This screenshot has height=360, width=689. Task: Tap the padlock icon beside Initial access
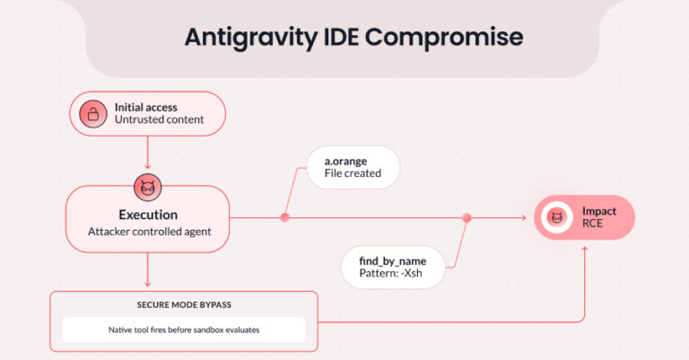click(x=91, y=114)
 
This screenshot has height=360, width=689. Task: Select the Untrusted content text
click(x=159, y=119)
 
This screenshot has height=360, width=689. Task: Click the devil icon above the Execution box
click(x=146, y=188)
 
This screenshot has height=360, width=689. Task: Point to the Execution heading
click(x=148, y=215)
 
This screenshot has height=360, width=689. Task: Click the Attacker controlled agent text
click(x=148, y=232)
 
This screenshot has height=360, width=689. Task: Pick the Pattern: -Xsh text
click(x=393, y=273)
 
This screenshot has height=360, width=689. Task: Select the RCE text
click(x=593, y=224)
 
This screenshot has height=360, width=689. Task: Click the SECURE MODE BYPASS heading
click(x=183, y=303)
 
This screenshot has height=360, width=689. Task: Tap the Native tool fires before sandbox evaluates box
click(x=183, y=329)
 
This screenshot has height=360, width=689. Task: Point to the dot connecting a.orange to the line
click(x=285, y=217)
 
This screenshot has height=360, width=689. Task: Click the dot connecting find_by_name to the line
click(x=467, y=217)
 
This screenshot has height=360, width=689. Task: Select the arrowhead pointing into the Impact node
click(x=523, y=218)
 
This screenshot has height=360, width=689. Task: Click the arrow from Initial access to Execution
click(x=146, y=154)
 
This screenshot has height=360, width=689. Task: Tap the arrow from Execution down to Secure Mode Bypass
click(x=146, y=270)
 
